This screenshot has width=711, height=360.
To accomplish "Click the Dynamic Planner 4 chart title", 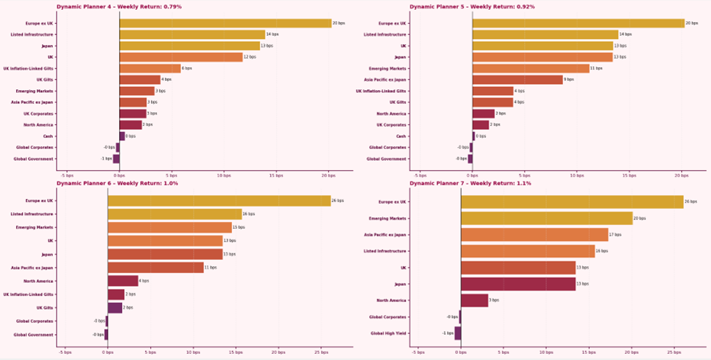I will (119, 7).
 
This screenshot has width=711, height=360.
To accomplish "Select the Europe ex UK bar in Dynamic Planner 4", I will (225, 23).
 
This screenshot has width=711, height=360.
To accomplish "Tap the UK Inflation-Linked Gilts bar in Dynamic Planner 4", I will (150, 69).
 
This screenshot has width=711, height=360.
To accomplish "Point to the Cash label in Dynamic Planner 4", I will (47, 137).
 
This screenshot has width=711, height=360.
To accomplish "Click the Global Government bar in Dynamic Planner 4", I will (116, 159).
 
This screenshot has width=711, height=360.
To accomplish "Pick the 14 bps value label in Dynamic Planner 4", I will (272, 34).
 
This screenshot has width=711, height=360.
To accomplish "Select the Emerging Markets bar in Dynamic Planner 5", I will (531, 69).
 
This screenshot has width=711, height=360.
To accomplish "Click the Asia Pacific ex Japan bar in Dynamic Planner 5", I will (517, 79).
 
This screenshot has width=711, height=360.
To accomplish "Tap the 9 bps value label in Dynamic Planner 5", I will (569, 79).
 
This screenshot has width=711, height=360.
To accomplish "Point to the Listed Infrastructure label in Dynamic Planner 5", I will (385, 34).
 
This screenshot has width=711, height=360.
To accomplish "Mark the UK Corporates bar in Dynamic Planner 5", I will (481, 125).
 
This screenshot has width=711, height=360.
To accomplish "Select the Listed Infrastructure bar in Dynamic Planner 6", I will (175, 214).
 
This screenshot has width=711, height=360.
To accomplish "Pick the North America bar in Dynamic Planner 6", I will (123, 281).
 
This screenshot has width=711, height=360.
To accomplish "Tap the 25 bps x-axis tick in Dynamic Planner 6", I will (323, 352).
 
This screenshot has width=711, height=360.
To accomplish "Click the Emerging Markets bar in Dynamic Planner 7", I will (547, 218).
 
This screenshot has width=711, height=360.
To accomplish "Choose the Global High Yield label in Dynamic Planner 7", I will (389, 333).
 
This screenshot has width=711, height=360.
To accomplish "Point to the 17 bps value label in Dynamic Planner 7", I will (615, 235).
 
